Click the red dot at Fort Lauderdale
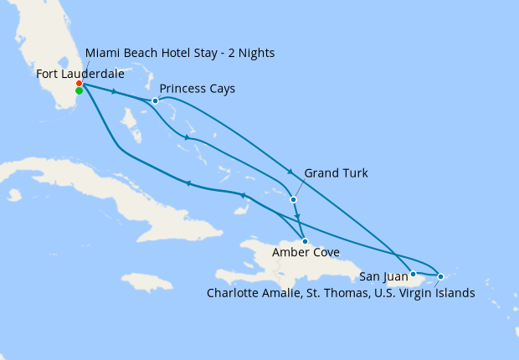click(79, 84)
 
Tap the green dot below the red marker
click(79, 91)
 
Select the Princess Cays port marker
click(155, 101)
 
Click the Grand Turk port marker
click(293, 199)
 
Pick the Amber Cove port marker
click(305, 241)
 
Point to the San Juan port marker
click(413, 274)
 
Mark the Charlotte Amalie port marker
click(441, 275)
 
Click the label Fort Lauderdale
click(80, 74)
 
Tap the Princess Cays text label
click(197, 88)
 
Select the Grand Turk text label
click(336, 173)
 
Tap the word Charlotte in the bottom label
click(235, 293)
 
